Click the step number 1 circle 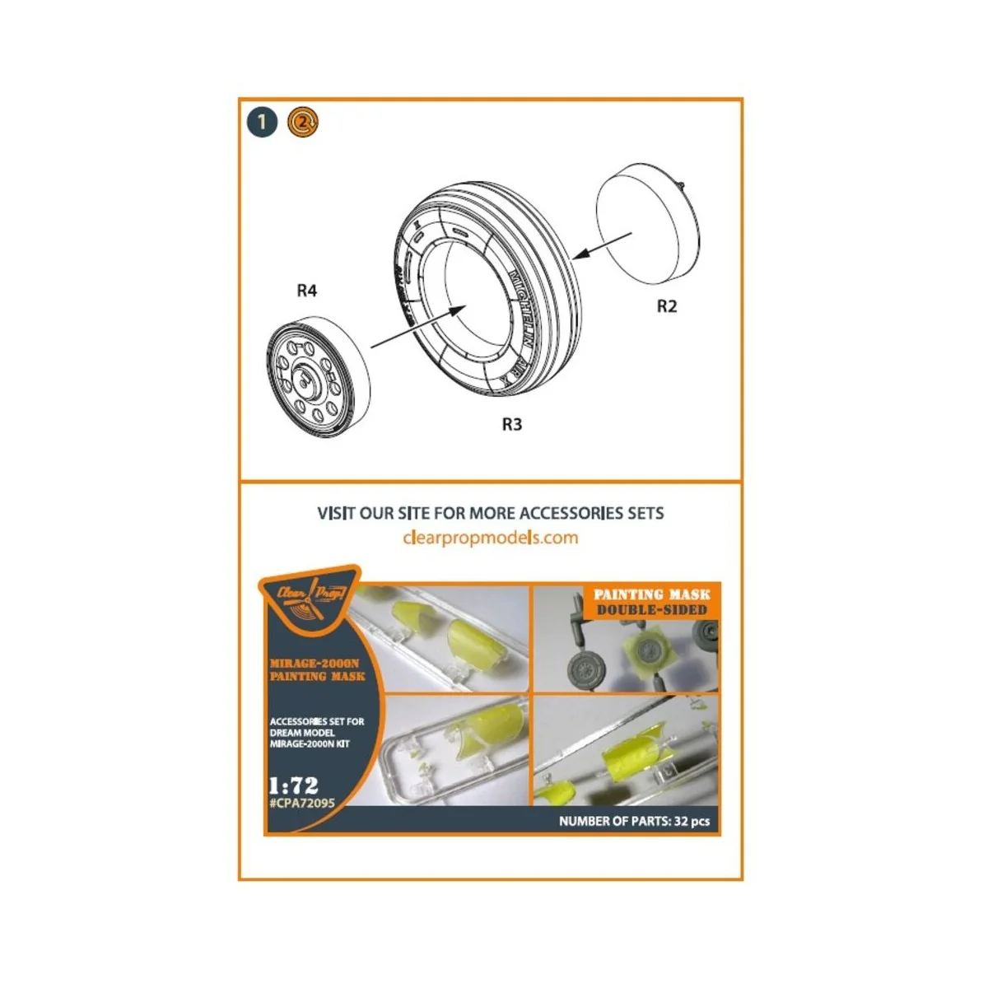262,123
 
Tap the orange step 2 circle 302,123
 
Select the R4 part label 306,291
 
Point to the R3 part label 511,424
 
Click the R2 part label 666,306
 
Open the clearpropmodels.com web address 491,538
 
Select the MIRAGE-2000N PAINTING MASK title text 317,669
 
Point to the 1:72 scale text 294,784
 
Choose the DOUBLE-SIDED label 651,610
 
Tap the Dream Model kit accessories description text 317,732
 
